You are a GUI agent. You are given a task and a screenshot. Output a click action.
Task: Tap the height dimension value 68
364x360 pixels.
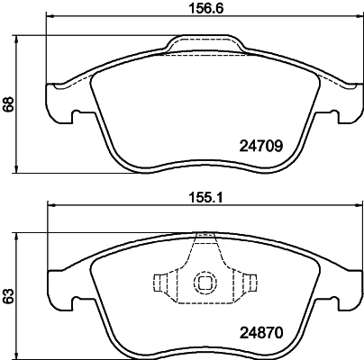9,103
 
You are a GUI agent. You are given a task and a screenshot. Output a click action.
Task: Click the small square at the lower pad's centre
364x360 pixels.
204,282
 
